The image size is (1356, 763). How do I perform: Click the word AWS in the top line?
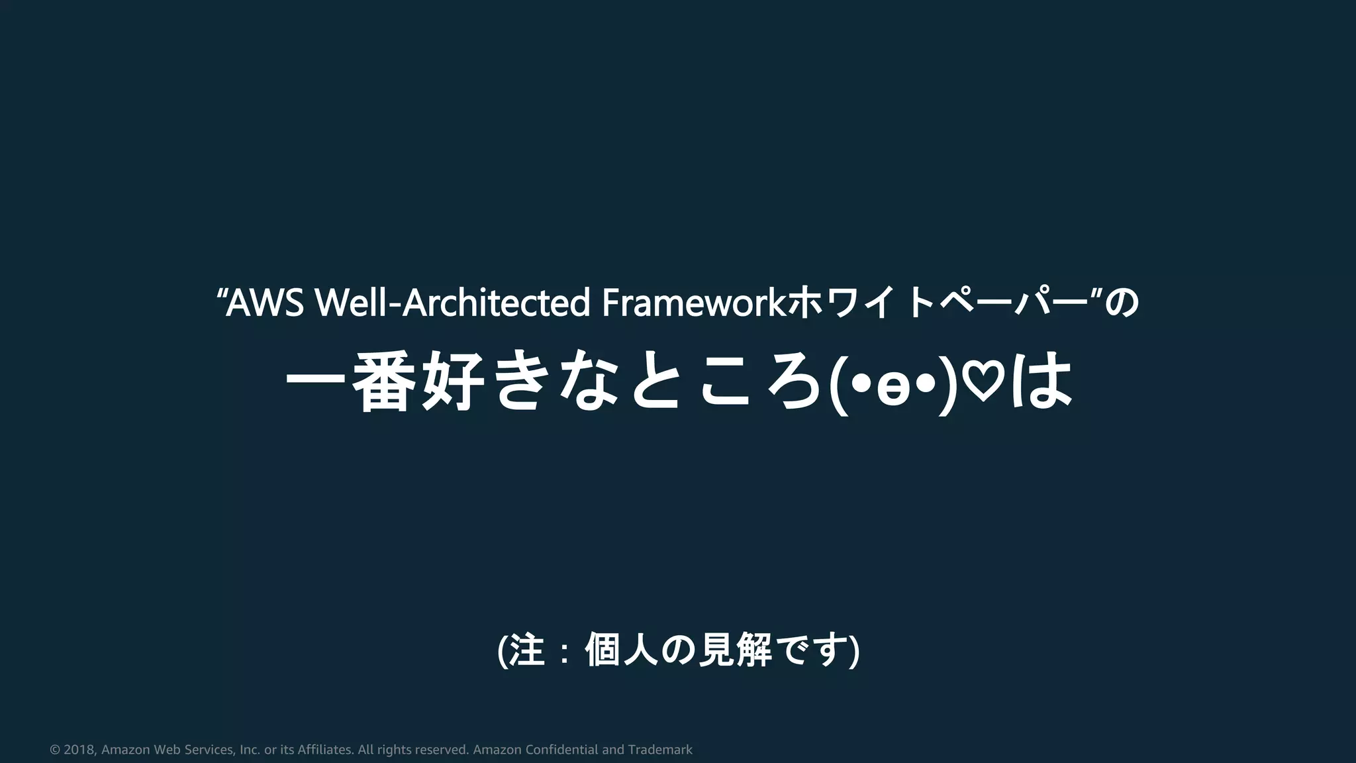[x=265, y=303]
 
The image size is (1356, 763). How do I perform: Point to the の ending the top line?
[x=1124, y=303]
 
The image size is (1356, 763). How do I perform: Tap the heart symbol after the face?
[x=982, y=383]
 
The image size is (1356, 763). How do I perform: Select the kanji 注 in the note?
[x=527, y=650]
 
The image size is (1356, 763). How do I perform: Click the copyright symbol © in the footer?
[x=55, y=750]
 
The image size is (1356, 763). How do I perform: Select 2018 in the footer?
[x=79, y=750]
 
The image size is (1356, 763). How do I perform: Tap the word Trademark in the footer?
[x=659, y=750]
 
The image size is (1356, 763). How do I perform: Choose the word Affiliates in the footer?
[x=325, y=750]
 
